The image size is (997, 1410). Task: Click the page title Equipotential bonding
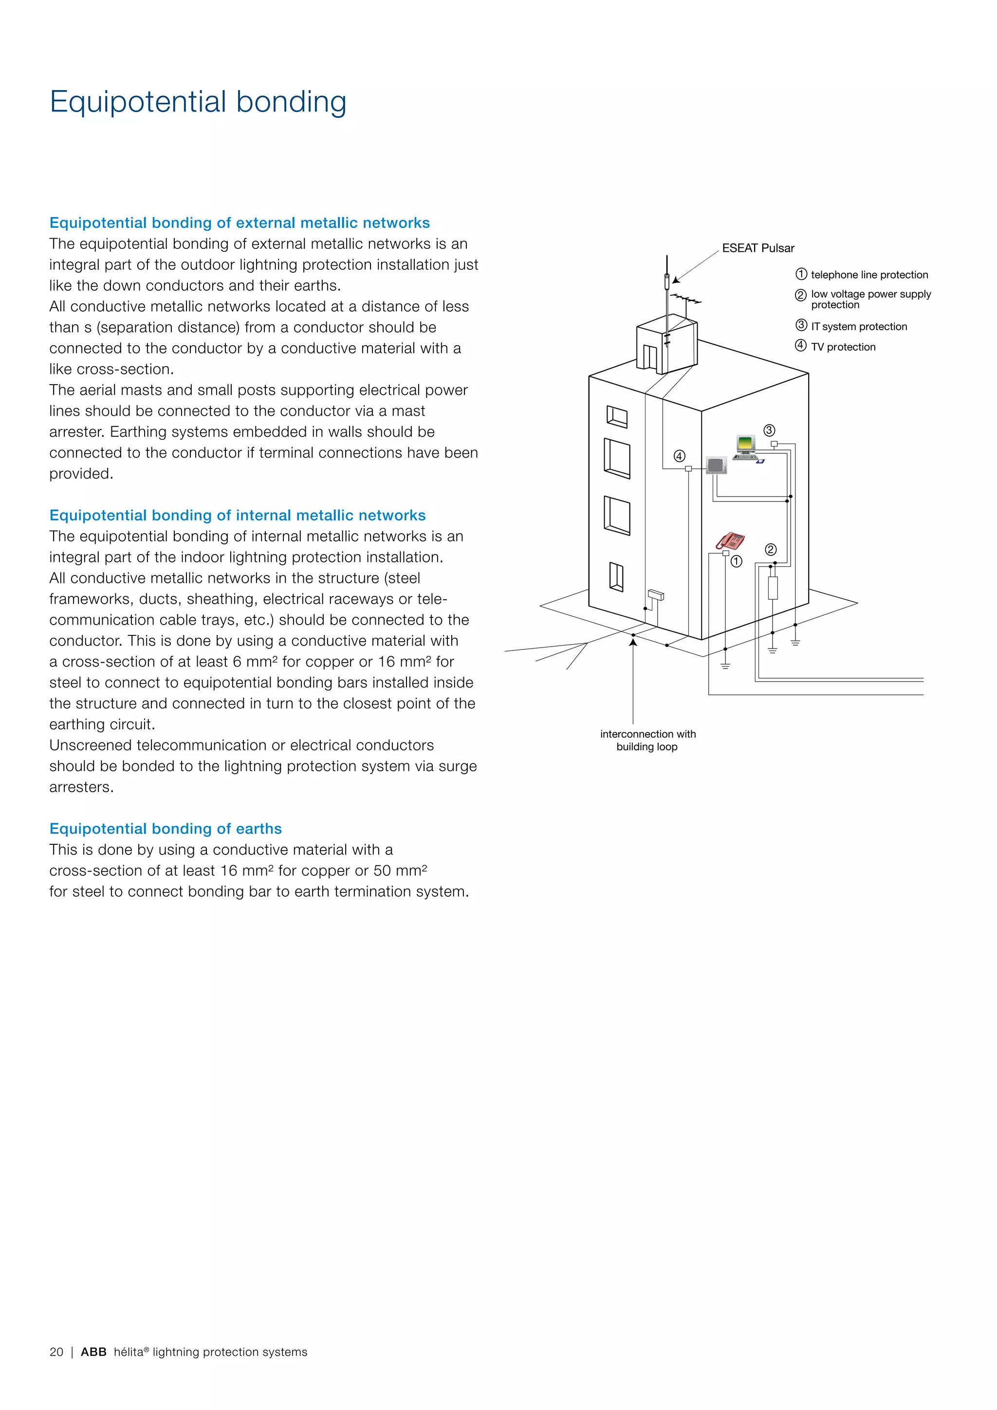pos(198,101)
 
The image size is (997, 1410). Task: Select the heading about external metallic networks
pos(240,223)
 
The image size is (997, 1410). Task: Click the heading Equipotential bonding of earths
pos(165,829)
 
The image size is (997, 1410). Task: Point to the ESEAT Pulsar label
pos(757,248)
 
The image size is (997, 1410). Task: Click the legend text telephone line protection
pos(868,275)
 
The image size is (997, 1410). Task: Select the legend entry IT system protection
pos(858,327)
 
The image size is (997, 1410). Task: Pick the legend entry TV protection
pos(843,347)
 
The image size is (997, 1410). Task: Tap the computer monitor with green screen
pos(746,444)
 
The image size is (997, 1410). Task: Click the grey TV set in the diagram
pos(716,465)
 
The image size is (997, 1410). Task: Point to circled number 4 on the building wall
pos(679,456)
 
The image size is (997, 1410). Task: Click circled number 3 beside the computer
pos(769,430)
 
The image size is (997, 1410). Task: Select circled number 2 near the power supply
pos(771,549)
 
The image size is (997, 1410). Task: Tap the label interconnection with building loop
pos(647,740)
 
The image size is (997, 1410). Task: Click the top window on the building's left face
pos(616,416)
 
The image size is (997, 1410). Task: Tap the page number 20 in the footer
pos(56,1352)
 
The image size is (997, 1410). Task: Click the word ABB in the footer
pos(93,1352)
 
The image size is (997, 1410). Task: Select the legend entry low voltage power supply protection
pos(870,299)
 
